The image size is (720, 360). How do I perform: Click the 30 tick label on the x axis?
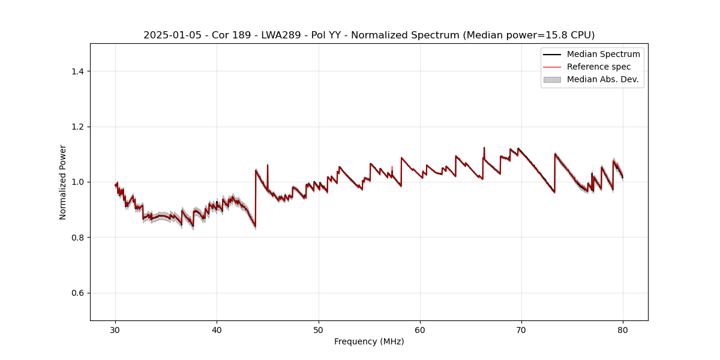[x=116, y=329]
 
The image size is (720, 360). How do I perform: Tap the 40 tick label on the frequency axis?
[x=217, y=329]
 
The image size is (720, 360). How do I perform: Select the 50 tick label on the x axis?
[x=319, y=329]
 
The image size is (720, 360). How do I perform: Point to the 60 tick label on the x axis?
[x=420, y=329]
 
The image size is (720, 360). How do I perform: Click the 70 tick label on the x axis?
[x=521, y=329]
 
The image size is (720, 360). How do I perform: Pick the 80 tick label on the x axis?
[x=623, y=329]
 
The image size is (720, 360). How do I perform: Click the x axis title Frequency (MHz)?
[x=369, y=341]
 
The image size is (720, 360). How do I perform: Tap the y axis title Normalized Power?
[x=63, y=182]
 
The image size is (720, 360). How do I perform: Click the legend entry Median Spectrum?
[x=603, y=54]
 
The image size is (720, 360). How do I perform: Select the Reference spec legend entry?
[x=598, y=67]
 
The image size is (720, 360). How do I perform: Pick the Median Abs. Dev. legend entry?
[x=602, y=79]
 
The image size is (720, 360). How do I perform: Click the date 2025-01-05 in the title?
[x=169, y=35]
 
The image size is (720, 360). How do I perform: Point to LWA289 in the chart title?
[x=282, y=35]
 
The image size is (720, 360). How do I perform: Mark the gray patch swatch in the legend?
[x=552, y=79]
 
